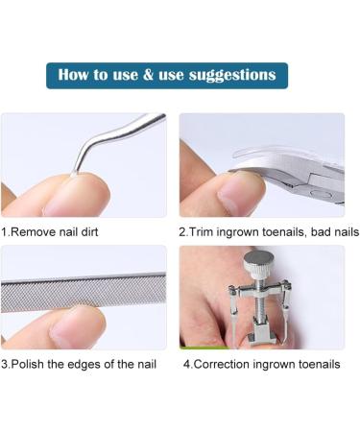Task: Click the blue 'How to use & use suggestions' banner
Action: tap(166, 75)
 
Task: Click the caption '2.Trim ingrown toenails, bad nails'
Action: tap(261, 231)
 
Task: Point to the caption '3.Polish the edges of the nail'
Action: tap(78, 364)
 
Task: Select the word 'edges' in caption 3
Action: tap(92, 364)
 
